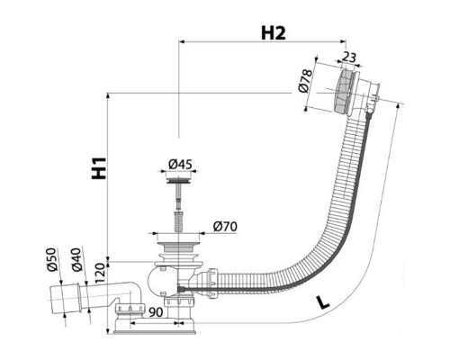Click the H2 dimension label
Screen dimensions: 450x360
tap(274, 33)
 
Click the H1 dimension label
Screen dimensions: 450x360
tap(99, 168)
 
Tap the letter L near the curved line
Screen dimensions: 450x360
tap(323, 302)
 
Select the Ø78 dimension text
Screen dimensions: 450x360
tap(305, 81)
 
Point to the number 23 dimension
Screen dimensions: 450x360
tap(349, 57)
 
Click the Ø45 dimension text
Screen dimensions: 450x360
tap(180, 164)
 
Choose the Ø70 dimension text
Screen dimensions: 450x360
tap(225, 227)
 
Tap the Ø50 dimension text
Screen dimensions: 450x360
tap(52, 259)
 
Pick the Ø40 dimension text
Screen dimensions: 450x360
tap(76, 259)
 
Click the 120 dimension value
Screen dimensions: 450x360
tap(100, 274)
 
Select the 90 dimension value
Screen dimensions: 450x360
tap(156, 312)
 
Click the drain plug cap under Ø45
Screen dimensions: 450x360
tap(179, 181)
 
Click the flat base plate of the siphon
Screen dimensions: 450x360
tap(155, 332)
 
